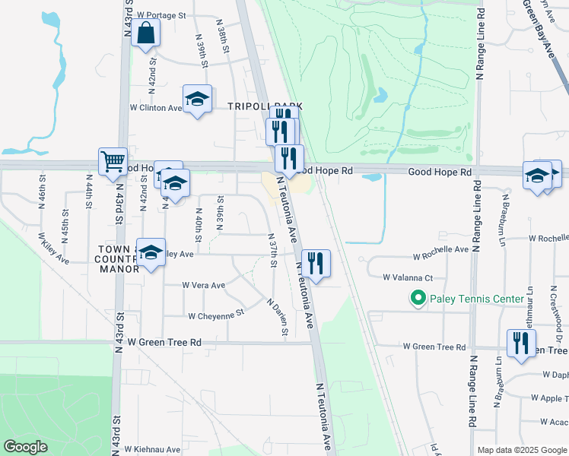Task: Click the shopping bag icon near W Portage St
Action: pyautogui.click(x=145, y=33)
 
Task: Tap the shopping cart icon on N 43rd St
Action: pyautogui.click(x=113, y=160)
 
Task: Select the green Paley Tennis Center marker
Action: pyautogui.click(x=417, y=299)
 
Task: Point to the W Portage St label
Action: pyautogui.click(x=162, y=15)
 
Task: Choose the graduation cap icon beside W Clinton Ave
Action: pyautogui.click(x=197, y=99)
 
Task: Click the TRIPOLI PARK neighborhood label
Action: pyautogui.click(x=265, y=106)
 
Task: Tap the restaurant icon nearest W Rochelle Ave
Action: pyautogui.click(x=316, y=264)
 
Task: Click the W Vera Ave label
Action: pyautogui.click(x=204, y=286)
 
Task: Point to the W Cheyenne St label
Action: pyautogui.click(x=215, y=314)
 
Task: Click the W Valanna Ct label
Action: pyautogui.click(x=408, y=278)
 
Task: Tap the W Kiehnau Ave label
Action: pyautogui.click(x=152, y=449)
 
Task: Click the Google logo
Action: pyautogui.click(x=25, y=447)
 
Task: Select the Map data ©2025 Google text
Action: pyautogui.click(x=521, y=450)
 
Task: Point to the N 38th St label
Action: pyautogui.click(x=225, y=36)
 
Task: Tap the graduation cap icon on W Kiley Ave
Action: pyautogui.click(x=151, y=254)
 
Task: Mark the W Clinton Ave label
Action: pyautogui.click(x=156, y=108)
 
